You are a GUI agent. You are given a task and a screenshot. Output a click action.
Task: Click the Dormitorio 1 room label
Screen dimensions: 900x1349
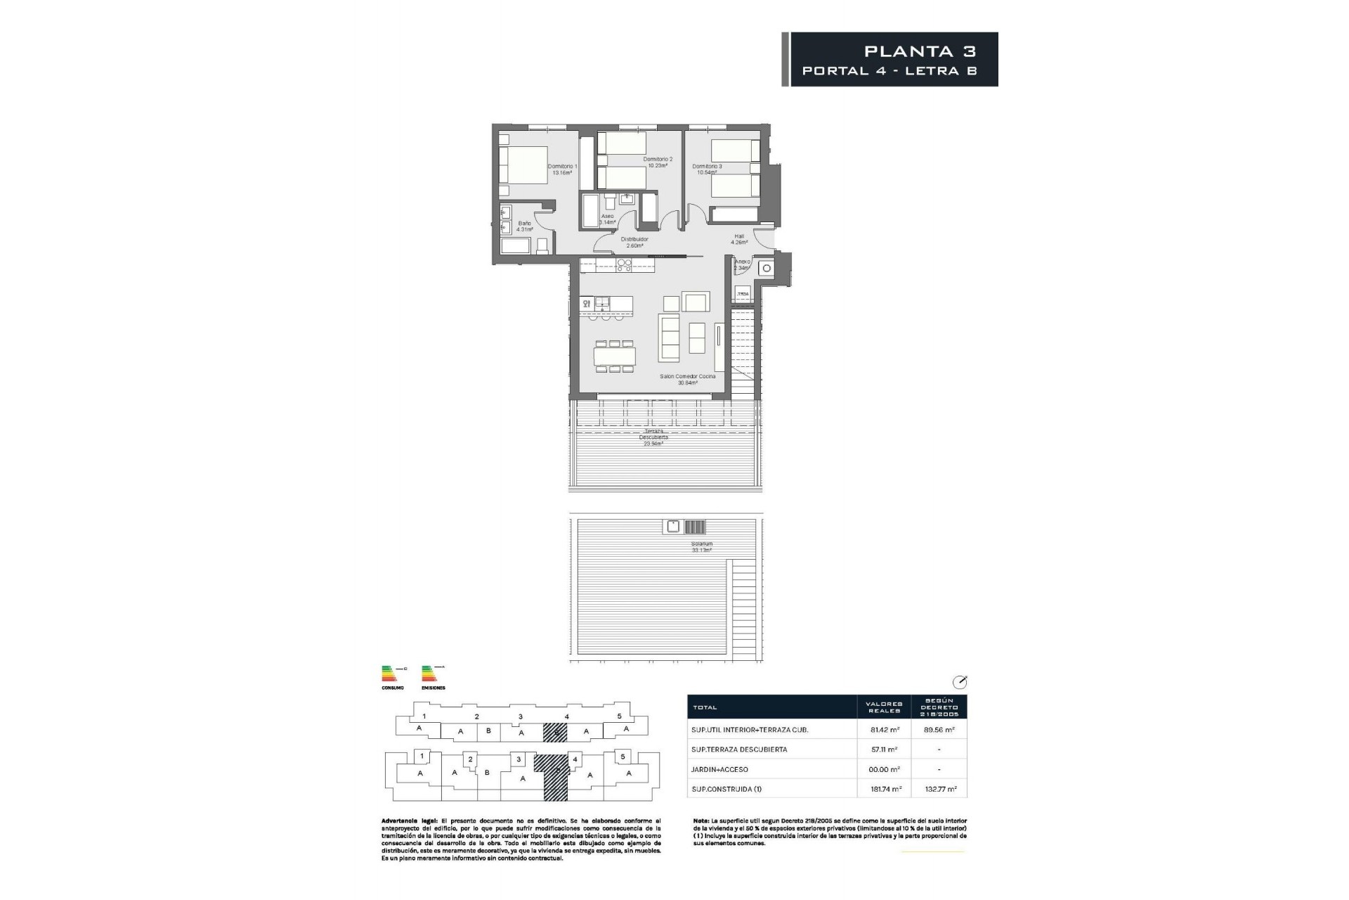pyautogui.click(x=562, y=169)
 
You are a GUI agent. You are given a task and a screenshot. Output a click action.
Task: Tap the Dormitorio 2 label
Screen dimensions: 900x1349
pyautogui.click(x=658, y=162)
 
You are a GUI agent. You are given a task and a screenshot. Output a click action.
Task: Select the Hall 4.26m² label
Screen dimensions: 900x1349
pyautogui.click(x=739, y=239)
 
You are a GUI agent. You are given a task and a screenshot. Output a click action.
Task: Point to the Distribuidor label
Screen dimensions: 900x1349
pyautogui.click(x=634, y=243)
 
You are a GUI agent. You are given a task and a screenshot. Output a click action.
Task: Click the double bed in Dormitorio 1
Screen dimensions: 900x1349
pyautogui.click(x=523, y=165)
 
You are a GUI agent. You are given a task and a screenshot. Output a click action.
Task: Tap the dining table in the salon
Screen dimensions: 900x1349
pyautogui.click(x=615, y=356)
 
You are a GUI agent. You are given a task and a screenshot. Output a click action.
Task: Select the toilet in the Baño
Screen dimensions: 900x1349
pyautogui.click(x=542, y=245)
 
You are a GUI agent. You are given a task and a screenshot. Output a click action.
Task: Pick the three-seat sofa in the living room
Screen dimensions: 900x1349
pyautogui.click(x=668, y=337)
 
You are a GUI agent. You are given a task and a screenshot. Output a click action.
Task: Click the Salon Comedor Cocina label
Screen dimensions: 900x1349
pyautogui.click(x=687, y=380)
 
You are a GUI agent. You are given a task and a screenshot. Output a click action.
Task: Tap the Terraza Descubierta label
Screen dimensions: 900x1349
pyautogui.click(x=653, y=437)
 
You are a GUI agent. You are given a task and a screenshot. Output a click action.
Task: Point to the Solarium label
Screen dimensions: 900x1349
pyautogui.click(x=701, y=547)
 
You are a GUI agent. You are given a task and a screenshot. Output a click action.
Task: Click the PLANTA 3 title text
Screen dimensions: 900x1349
pyautogui.click(x=920, y=51)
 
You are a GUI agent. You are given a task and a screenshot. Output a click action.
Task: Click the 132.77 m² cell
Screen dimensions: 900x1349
pyautogui.click(x=941, y=789)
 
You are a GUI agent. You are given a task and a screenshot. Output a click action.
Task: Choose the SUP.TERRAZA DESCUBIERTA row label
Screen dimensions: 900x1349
pyautogui.click(x=738, y=750)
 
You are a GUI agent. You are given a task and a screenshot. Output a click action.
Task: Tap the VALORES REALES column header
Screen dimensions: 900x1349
pyautogui.click(x=883, y=707)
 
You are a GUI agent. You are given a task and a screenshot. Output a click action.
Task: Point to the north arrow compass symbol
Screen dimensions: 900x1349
pyautogui.click(x=960, y=682)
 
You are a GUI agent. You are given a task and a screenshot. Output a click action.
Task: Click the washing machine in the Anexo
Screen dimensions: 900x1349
pyautogui.click(x=767, y=268)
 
